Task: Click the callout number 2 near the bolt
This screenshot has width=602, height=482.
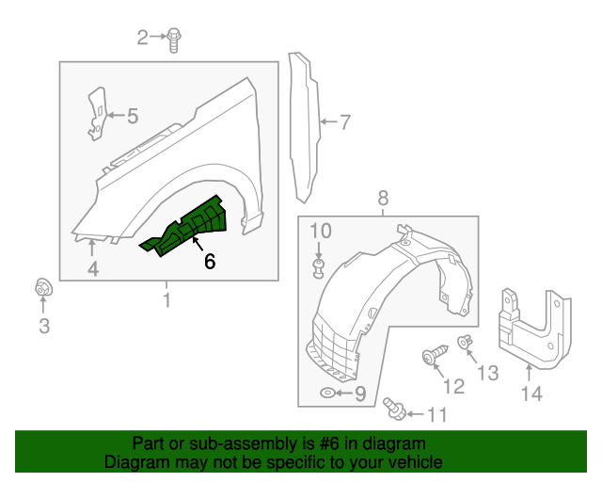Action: [143, 38]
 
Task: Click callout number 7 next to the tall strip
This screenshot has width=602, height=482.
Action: [344, 121]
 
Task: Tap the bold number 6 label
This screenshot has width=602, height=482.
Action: [209, 262]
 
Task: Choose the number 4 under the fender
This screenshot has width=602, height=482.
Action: [93, 271]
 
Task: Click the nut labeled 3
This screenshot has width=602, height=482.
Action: [43, 289]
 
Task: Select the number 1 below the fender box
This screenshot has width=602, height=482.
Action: [166, 301]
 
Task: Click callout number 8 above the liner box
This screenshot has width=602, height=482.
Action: [384, 198]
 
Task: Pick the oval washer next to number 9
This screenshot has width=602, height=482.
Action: [326, 393]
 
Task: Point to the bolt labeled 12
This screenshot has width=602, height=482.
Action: [432, 356]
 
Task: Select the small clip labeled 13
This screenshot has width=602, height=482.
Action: [463, 343]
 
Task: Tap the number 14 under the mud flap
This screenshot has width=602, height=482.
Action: [531, 394]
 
